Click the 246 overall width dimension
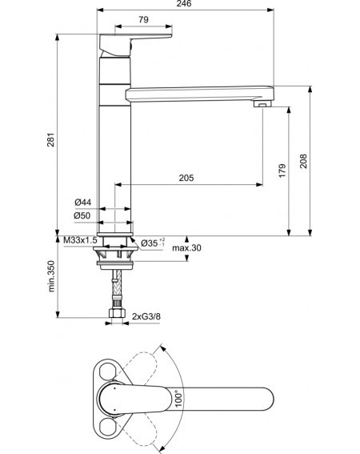[184, 3]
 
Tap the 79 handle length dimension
[143, 20]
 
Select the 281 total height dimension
[51, 139]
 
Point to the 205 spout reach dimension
[186, 178]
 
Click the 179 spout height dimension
[282, 171]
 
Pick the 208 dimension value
[303, 161]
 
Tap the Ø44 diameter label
[82, 202]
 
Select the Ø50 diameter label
[82, 215]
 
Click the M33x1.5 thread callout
[80, 240]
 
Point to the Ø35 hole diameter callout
[153, 243]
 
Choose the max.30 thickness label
[186, 248]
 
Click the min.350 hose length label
[51, 276]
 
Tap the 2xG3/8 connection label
[146, 316]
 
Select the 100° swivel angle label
[179, 400]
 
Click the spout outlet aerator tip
[262, 103]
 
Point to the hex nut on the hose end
[117, 314]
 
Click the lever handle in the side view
[135, 43]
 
